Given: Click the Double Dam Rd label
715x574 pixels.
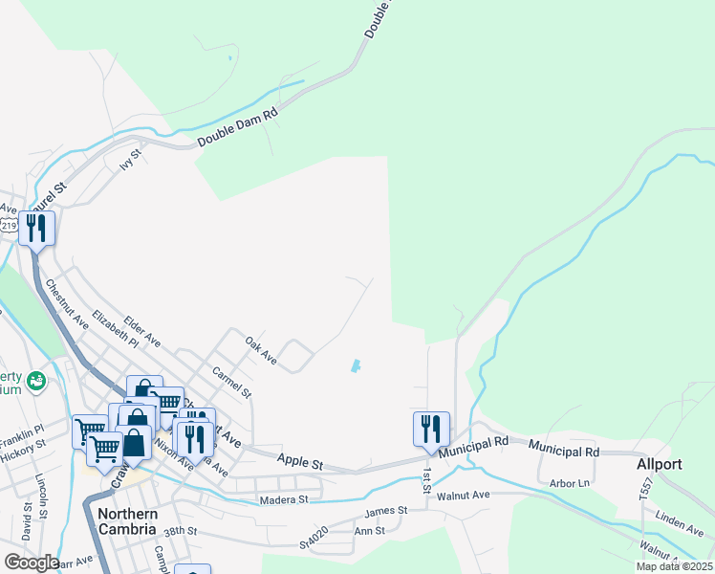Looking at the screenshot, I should pyautogui.click(x=237, y=127).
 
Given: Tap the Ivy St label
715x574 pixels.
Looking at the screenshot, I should pyautogui.click(x=131, y=159).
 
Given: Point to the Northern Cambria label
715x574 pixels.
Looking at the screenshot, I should pyautogui.click(x=120, y=521).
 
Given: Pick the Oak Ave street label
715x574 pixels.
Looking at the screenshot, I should pyautogui.click(x=260, y=350).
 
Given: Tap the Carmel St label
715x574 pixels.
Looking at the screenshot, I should pyautogui.click(x=231, y=381).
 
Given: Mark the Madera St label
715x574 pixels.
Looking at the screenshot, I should pyautogui.click(x=283, y=499).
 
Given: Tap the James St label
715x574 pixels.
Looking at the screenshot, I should pyautogui.click(x=385, y=511).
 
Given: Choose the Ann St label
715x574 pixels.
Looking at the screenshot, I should pyautogui.click(x=369, y=530).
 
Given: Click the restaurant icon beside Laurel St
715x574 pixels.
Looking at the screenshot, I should pyautogui.click(x=37, y=229).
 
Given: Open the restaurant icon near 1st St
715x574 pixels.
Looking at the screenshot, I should pyautogui.click(x=431, y=429).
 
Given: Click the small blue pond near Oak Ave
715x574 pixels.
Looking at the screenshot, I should pyautogui.click(x=356, y=365).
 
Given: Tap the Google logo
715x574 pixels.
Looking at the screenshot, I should pyautogui.click(x=31, y=563).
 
